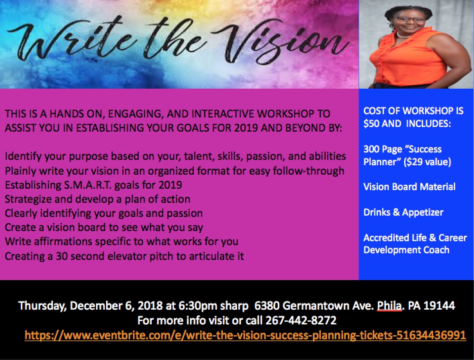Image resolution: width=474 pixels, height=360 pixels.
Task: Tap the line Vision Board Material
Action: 410,187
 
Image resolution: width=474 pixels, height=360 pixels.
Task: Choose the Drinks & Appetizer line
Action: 403,213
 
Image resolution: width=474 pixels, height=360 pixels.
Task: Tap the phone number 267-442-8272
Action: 301,320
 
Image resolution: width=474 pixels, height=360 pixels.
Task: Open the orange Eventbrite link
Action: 245,335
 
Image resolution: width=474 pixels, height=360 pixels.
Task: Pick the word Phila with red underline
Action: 389,306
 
